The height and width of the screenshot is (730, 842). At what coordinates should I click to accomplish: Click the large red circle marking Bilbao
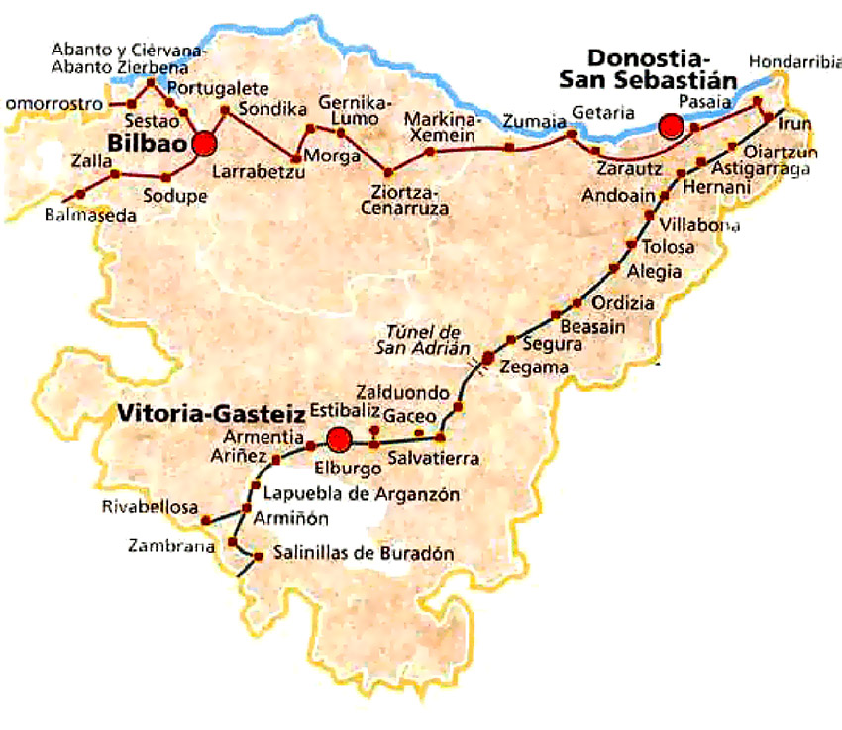pos(205,144)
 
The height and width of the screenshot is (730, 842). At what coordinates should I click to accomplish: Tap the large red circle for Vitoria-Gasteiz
pos(340,438)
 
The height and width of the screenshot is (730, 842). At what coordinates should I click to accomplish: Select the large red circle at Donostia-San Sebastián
pos(673,126)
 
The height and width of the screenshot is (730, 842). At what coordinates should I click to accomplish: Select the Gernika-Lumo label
pos(355,111)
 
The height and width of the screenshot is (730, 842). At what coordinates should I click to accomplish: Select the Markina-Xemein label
pos(441,127)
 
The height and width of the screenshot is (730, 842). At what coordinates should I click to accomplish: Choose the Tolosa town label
pos(669,246)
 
